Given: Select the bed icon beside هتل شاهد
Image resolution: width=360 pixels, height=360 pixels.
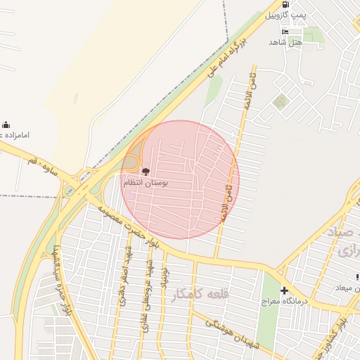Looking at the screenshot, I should [285, 32].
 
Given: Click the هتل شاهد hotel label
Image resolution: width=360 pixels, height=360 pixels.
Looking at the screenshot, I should [285, 42].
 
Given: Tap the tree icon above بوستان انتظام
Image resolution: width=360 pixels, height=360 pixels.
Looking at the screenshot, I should [146, 172].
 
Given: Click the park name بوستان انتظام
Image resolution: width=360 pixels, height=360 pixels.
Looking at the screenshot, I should [146, 183].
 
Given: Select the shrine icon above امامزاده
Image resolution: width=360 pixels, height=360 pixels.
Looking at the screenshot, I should [6, 124].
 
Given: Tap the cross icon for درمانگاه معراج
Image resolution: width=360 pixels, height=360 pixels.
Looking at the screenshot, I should [284, 290].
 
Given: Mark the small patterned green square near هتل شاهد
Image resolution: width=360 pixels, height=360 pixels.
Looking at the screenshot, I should [281, 101].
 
